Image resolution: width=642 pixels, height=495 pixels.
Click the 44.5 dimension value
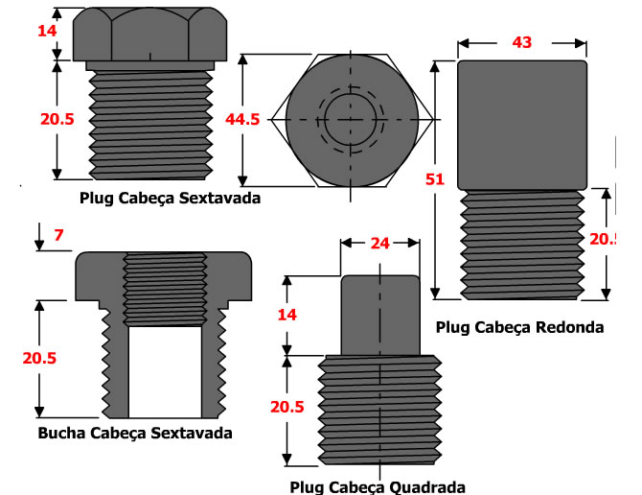(x=242, y=119)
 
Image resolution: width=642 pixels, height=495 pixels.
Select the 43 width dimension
(x=521, y=43)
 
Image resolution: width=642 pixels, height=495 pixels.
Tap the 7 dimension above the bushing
(x=58, y=236)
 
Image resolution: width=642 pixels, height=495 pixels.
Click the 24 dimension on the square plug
(x=378, y=244)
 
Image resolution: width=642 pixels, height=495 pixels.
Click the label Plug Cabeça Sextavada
(x=171, y=198)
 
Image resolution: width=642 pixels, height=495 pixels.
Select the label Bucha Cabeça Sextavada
(x=135, y=433)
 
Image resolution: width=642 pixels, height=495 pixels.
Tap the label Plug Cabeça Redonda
(x=519, y=327)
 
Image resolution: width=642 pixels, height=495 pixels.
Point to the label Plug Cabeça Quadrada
(x=377, y=486)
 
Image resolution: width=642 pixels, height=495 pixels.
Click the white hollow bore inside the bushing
(x=165, y=369)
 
